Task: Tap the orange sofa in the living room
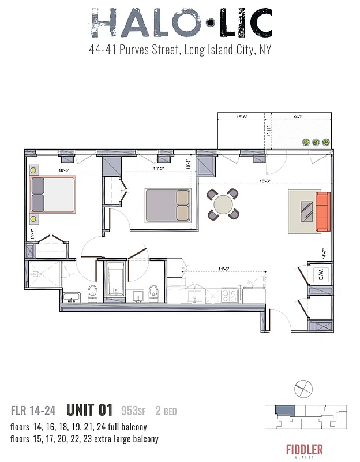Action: pyautogui.click(x=322, y=211)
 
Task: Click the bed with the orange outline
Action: pyautogui.click(x=53, y=195)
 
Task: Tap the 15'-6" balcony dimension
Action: pyautogui.click(x=243, y=117)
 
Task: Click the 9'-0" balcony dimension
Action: pyautogui.click(x=298, y=117)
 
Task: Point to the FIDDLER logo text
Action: pyautogui.click(x=304, y=449)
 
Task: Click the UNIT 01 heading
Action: pyautogui.click(x=89, y=411)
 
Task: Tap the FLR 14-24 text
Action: pyautogui.click(x=33, y=411)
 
